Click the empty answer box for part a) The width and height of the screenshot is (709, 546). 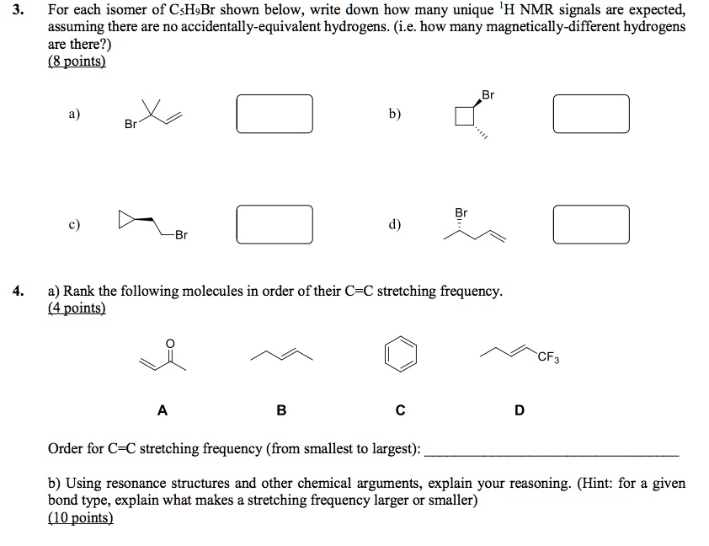275,114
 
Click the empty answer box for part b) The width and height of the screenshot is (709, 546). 591,114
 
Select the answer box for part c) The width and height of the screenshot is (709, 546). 275,223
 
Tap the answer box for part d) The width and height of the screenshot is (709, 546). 591,223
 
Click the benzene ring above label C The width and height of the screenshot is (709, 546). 400,351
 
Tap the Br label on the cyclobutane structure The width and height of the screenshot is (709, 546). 488,95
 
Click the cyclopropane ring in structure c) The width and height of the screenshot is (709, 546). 128,222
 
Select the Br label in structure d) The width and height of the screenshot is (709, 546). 461,212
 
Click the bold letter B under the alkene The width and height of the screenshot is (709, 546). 281,410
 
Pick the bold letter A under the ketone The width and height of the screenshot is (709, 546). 163,410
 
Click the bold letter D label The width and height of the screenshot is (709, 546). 519,410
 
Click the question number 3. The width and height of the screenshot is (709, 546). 21,11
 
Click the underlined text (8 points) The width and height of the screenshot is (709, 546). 77,62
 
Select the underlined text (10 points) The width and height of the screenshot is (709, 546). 80,518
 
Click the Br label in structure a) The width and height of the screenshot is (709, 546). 131,125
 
